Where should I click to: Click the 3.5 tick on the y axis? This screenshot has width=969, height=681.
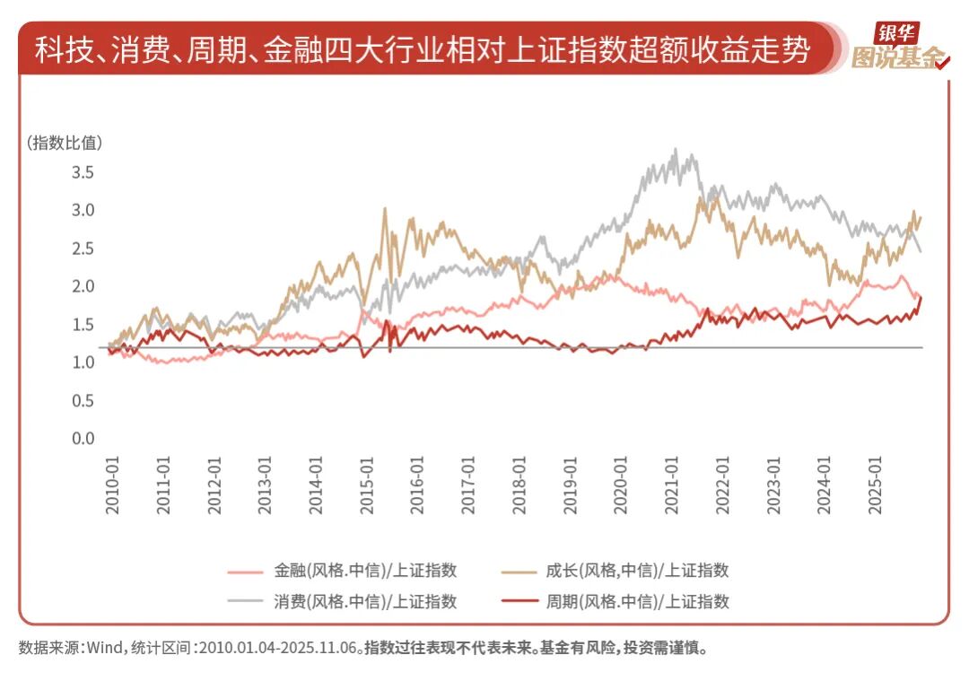click(x=83, y=172)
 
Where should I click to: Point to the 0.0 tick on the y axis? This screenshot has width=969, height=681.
click(x=83, y=439)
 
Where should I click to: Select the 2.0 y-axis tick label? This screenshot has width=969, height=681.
click(x=83, y=286)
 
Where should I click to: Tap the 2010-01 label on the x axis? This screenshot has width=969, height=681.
click(x=113, y=489)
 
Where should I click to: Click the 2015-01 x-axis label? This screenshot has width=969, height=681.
click(x=367, y=489)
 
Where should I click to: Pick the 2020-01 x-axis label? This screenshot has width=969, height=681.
click(x=620, y=489)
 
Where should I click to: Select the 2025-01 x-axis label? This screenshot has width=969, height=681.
click(x=874, y=489)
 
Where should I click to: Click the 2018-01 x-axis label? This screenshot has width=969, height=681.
click(x=519, y=489)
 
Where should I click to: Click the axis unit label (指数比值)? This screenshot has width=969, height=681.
click(x=64, y=142)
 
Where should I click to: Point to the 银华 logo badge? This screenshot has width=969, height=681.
click(x=897, y=33)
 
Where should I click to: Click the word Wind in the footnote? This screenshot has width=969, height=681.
click(x=101, y=648)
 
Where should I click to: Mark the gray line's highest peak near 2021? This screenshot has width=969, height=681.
click(x=676, y=151)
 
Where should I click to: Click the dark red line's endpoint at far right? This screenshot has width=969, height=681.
click(x=921, y=297)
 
